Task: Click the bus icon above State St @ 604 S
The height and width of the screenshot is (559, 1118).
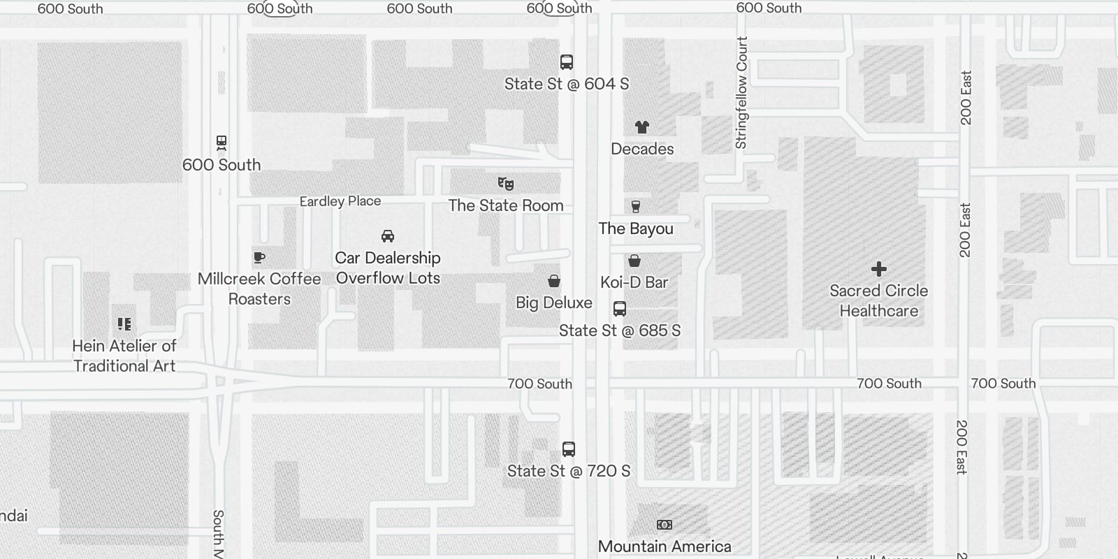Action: pyautogui.click(x=567, y=62)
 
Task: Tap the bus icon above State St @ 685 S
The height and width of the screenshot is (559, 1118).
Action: pyautogui.click(x=620, y=309)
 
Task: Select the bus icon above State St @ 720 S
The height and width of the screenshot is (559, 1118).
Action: pyautogui.click(x=569, y=449)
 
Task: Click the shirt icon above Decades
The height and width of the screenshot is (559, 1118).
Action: pyautogui.click(x=642, y=127)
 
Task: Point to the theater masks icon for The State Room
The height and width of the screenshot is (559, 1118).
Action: pyautogui.click(x=506, y=184)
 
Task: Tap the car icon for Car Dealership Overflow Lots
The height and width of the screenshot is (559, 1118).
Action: pyautogui.click(x=388, y=236)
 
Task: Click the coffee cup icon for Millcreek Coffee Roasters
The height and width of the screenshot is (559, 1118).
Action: pyautogui.click(x=259, y=257)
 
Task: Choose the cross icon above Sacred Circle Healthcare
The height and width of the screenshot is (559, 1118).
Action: pyautogui.click(x=879, y=269)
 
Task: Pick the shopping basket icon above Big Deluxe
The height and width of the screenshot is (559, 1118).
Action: pyautogui.click(x=554, y=281)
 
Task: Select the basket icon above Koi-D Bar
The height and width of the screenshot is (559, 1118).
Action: pyautogui.click(x=634, y=261)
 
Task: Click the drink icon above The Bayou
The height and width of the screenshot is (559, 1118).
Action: pyautogui.click(x=636, y=207)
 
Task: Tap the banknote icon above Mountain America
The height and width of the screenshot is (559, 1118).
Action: pyautogui.click(x=665, y=525)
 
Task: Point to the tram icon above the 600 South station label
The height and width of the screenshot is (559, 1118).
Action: pyautogui.click(x=222, y=143)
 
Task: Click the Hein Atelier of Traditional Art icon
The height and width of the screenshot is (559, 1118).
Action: pyautogui.click(x=124, y=324)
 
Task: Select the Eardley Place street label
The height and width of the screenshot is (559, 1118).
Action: pyautogui.click(x=340, y=201)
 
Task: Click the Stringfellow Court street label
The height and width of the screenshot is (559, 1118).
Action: pyautogui.click(x=741, y=93)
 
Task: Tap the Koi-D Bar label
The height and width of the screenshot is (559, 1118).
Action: pyautogui.click(x=634, y=282)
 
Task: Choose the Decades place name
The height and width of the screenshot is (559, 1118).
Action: pyautogui.click(x=642, y=149)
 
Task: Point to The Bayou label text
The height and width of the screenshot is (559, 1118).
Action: pyautogui.click(x=636, y=228)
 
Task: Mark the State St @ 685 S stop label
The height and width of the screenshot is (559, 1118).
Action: pyautogui.click(x=620, y=331)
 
